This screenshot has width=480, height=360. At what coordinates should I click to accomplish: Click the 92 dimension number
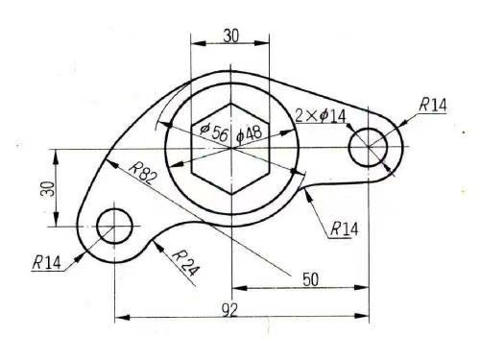point(230,310)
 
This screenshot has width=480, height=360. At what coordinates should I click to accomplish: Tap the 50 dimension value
point(310,279)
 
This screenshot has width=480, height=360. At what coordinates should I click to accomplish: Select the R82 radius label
point(143,173)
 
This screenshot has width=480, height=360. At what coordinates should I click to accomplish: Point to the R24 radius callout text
point(186,263)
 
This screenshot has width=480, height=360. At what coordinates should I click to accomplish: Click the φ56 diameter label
point(214,132)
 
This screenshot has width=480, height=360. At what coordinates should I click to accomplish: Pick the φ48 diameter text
point(249,133)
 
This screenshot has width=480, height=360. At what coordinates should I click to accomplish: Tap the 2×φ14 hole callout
point(321,116)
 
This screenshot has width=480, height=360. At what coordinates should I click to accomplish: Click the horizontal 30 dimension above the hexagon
point(231,36)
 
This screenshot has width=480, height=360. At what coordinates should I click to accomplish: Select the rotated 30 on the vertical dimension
point(47,189)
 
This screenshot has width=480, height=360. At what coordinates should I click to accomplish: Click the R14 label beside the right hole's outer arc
point(433,105)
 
